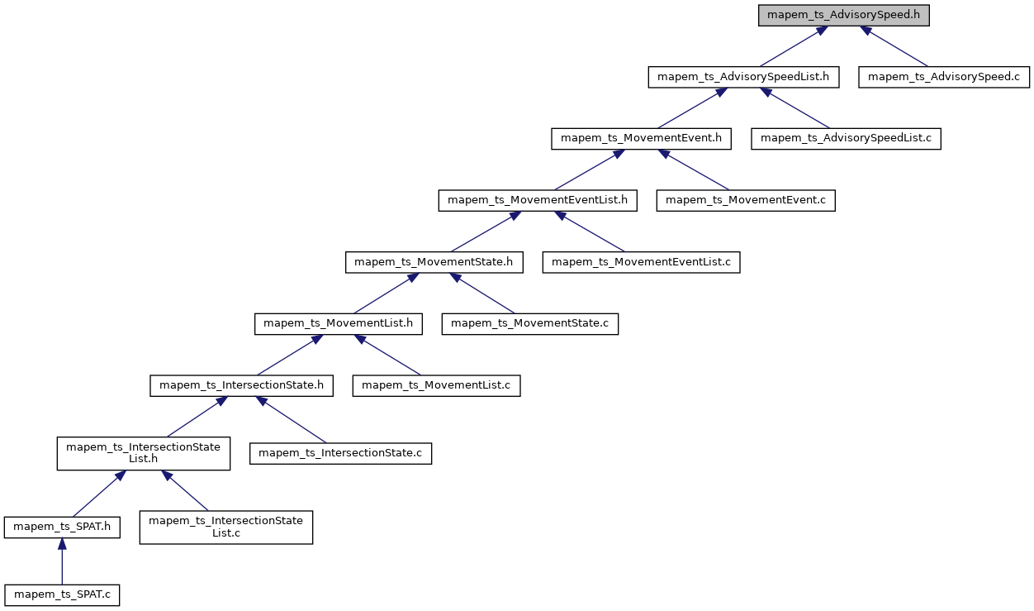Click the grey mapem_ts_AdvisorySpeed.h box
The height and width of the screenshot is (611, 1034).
(x=844, y=15)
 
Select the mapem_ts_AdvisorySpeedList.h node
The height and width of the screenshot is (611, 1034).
(x=744, y=77)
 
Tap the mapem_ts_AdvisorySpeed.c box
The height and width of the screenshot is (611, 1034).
(x=943, y=77)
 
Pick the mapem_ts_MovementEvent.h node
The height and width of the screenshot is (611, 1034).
(x=641, y=138)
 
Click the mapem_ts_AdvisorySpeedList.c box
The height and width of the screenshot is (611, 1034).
(x=846, y=138)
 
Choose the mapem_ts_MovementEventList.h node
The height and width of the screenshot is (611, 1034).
(x=538, y=200)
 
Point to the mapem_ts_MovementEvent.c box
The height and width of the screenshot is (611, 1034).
(x=746, y=200)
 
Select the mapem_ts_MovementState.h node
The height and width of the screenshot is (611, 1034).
(x=434, y=262)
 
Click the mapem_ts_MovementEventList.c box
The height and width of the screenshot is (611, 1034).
(x=641, y=262)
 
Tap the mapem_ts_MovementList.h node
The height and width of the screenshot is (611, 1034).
(x=339, y=323)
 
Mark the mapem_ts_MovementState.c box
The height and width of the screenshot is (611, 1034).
(x=529, y=323)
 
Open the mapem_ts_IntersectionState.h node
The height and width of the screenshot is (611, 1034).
(x=241, y=385)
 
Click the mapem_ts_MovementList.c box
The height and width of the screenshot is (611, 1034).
(x=436, y=385)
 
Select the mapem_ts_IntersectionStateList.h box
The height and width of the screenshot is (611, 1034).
(x=143, y=454)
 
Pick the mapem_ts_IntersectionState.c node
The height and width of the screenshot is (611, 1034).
(x=341, y=454)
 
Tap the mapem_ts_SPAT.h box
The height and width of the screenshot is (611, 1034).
(x=62, y=527)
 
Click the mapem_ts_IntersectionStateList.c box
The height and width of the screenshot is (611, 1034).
(x=226, y=527)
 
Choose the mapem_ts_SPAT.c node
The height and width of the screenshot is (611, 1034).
(x=62, y=594)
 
